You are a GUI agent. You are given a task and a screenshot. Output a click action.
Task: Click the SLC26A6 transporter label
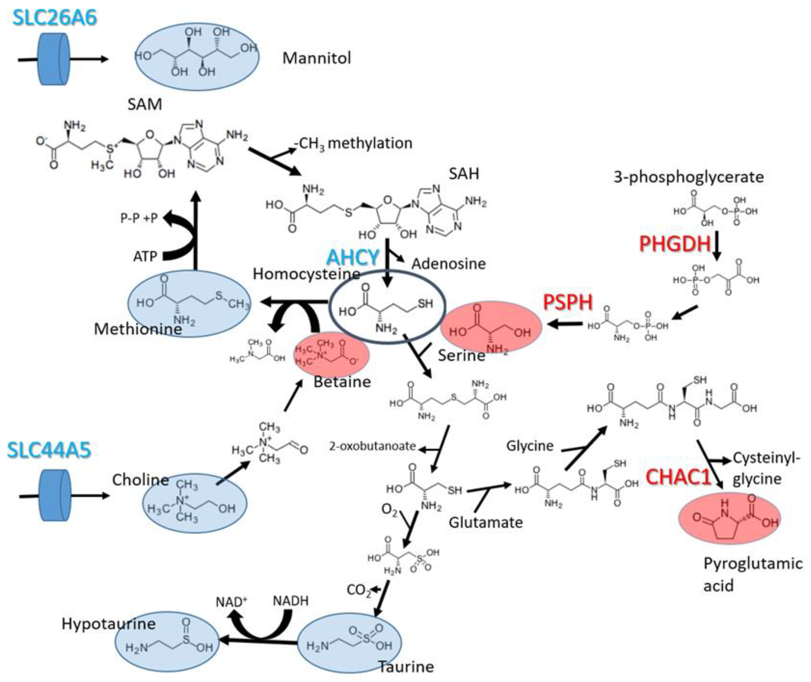click(x=54, y=18)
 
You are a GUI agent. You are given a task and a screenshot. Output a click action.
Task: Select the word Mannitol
click(x=317, y=58)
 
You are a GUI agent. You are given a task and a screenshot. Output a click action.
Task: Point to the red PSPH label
click(x=568, y=302)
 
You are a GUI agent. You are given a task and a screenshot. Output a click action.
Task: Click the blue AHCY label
click(x=353, y=257)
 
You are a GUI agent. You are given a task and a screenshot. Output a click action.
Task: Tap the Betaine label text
click(x=342, y=382)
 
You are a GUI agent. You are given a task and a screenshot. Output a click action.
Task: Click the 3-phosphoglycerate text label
click(x=689, y=177)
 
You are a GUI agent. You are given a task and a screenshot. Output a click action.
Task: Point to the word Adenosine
click(x=448, y=264)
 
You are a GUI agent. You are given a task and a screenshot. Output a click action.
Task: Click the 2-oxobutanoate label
click(x=372, y=446)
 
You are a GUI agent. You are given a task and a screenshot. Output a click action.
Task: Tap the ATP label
click(x=145, y=256)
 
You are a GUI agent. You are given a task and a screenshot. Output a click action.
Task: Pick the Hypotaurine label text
click(x=108, y=624)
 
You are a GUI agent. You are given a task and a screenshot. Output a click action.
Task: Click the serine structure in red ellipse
click(x=491, y=327)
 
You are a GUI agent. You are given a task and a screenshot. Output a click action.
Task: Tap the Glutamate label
click(x=486, y=523)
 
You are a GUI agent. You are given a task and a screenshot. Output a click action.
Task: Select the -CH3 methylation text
click(x=353, y=143)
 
